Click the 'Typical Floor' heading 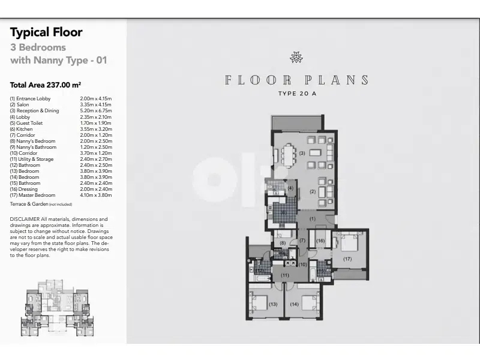pos(46,32)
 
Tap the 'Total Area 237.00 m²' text pos(46,85)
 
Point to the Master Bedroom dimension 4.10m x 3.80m pos(96,195)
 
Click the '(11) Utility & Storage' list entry pos(32,159)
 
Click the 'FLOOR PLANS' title pos(296,80)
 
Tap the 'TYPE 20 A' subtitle pos(296,94)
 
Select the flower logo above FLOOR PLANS pos(296,58)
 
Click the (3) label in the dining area pos(302,153)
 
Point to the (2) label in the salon pos(312,191)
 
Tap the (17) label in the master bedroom pos(347,259)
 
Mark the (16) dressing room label pos(320,241)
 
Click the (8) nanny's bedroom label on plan pos(282,243)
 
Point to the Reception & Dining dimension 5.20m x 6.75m pos(96,111)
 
